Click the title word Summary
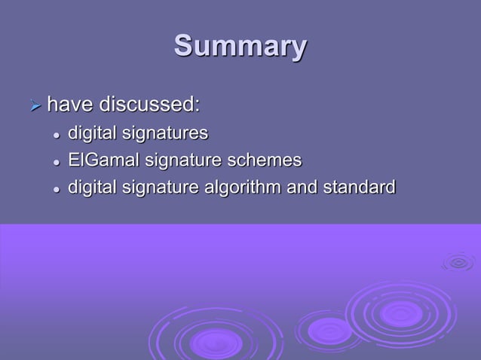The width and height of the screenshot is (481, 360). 240,47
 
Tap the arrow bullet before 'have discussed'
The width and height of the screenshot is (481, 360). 33,105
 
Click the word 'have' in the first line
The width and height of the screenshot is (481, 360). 69,103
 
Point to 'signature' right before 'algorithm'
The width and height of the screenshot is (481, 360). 162,187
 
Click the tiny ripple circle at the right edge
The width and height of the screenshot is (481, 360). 458,262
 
